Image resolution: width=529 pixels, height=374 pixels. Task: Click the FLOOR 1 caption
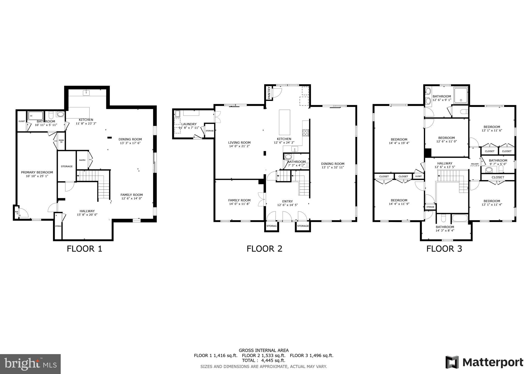coord(84,249)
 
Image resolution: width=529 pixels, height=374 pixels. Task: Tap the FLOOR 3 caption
coord(444,249)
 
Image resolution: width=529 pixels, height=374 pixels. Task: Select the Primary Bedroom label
coord(37,173)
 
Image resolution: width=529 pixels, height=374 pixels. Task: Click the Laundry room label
coord(189,124)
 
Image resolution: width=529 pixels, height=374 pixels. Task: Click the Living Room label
coord(239,143)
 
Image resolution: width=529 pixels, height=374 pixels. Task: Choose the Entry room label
coord(287,201)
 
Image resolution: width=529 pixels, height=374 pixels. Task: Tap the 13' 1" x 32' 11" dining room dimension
coord(333,167)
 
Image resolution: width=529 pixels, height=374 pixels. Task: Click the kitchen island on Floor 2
coord(284,122)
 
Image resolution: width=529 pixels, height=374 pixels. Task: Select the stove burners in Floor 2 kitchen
coord(305,133)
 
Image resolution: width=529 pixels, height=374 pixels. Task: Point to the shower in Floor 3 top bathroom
coord(461,96)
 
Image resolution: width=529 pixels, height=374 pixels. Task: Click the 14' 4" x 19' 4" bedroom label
coord(399,141)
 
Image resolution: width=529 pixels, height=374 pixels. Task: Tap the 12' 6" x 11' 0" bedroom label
coord(446,139)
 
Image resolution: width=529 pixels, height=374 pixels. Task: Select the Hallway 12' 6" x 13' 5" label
coord(445,165)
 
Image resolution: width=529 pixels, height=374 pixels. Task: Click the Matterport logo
coord(484,362)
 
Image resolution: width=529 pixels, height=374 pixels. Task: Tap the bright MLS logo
coord(30,364)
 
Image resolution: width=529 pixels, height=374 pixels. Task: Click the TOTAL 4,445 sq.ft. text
coord(263,360)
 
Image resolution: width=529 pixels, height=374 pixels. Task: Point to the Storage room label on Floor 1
coord(67,166)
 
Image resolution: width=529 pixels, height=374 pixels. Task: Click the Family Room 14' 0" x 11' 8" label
coord(239,202)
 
